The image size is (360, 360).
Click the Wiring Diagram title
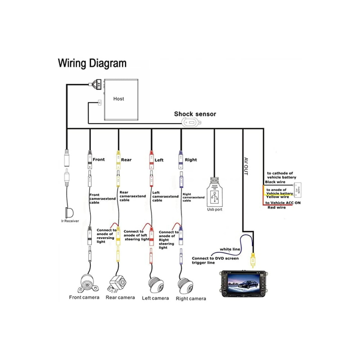coord(92,63)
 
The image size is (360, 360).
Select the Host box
coord(118,100)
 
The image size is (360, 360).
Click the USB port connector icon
coord(215,195)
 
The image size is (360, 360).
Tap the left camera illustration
coord(154,284)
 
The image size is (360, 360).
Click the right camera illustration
coord(186,284)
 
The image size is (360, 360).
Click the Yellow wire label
coord(278,197)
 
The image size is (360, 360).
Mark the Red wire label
coord(276,208)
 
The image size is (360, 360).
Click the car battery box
coord(298,190)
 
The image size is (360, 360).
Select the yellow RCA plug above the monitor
coord(253,260)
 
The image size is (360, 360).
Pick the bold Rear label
coord(126,160)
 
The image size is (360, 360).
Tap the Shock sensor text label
coord(195,114)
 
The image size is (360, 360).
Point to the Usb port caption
coord(215,210)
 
